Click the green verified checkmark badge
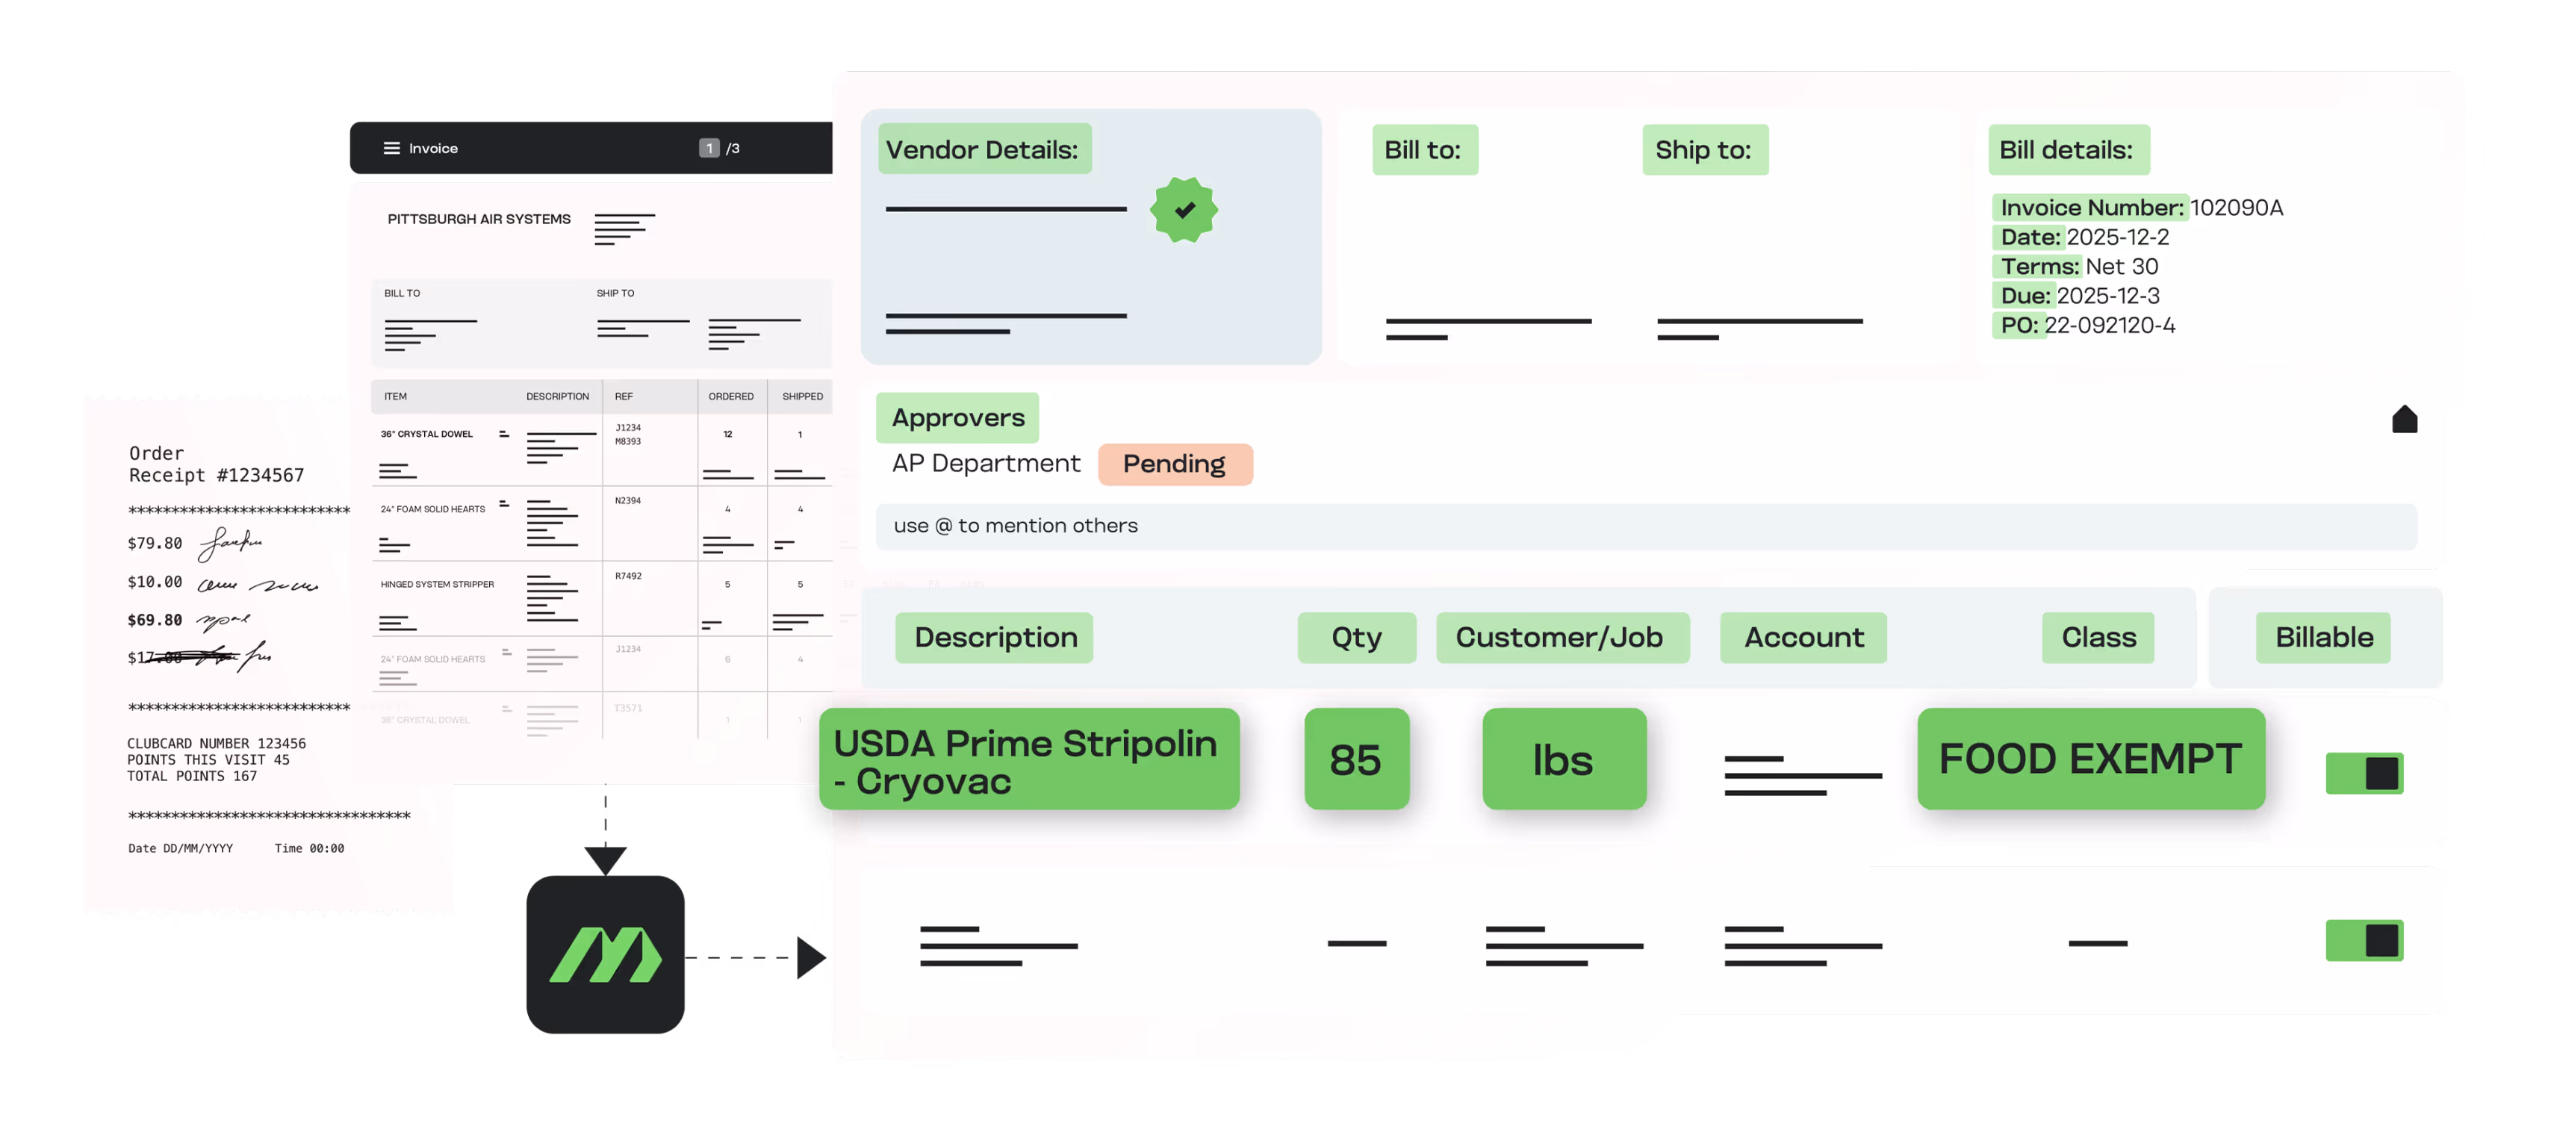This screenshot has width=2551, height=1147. point(1184,210)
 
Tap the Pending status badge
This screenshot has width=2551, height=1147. point(1175,464)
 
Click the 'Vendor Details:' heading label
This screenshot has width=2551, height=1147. point(982,149)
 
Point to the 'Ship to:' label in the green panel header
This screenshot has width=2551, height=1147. point(1703,149)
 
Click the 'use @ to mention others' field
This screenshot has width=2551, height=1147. point(1644,526)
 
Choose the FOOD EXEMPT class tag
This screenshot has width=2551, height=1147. point(2089,759)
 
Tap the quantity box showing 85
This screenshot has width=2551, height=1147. point(1355,759)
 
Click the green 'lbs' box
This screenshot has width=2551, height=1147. point(1563,759)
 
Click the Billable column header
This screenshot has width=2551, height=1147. point(2323,637)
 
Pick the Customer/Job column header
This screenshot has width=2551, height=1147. point(1560,637)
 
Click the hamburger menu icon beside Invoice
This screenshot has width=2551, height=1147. point(392,149)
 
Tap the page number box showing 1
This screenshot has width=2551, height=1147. point(709,149)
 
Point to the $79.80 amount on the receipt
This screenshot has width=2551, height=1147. point(155,543)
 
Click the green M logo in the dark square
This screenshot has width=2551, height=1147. point(605,955)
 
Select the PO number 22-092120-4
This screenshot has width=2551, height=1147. point(2110,326)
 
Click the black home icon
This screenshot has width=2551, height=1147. point(2405,420)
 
